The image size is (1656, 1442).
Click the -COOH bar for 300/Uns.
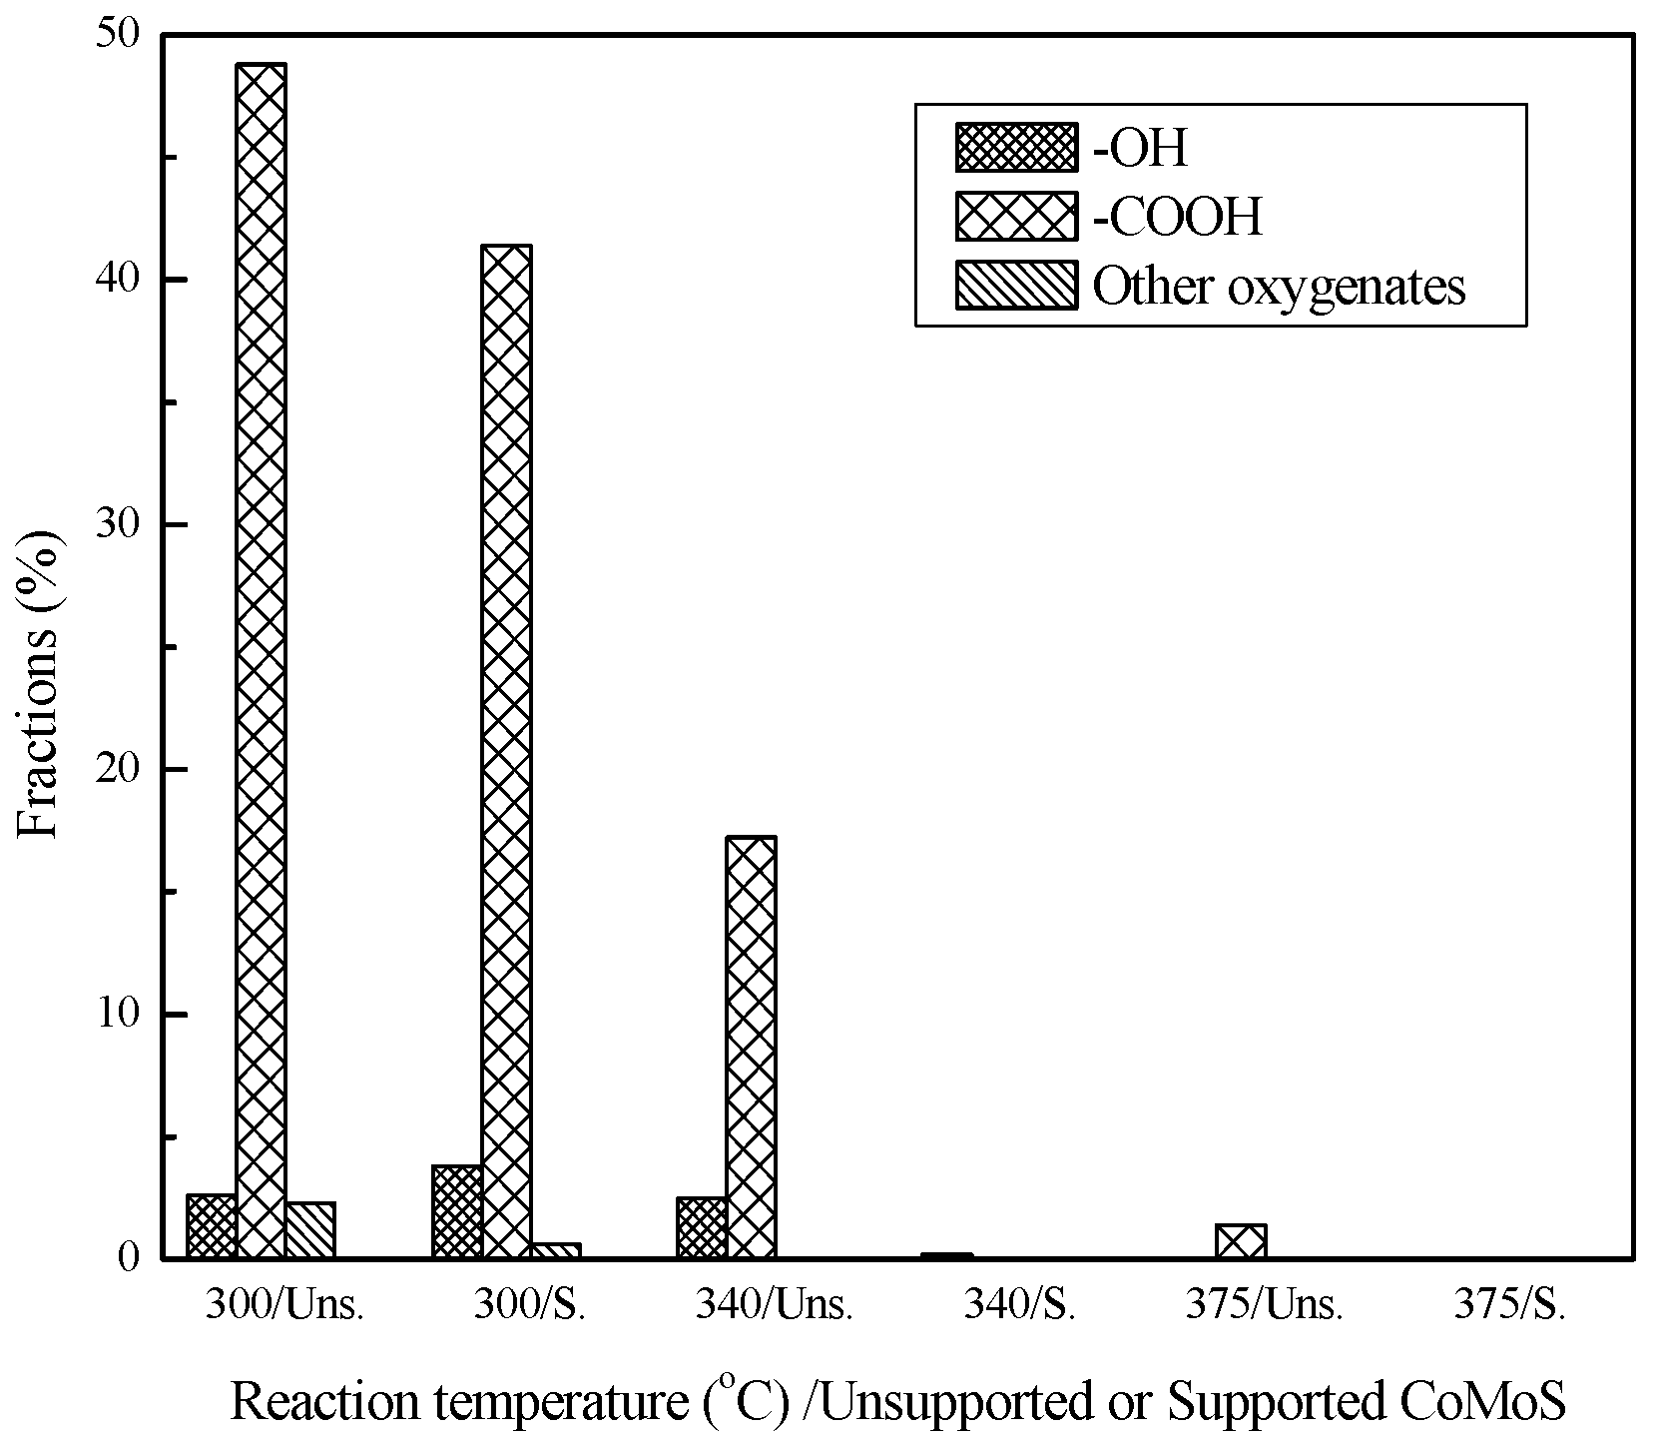[261, 659]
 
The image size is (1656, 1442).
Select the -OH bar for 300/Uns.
[212, 1226]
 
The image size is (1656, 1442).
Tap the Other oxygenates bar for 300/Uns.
[309, 1230]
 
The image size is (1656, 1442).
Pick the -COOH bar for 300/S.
[506, 749]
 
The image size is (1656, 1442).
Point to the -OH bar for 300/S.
[457, 1211]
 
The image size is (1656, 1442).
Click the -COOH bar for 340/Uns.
[751, 1047]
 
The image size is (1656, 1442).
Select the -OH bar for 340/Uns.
[702, 1227]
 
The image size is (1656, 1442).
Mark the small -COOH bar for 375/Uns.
[1241, 1241]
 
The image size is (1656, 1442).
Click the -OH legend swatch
[1016, 148]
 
